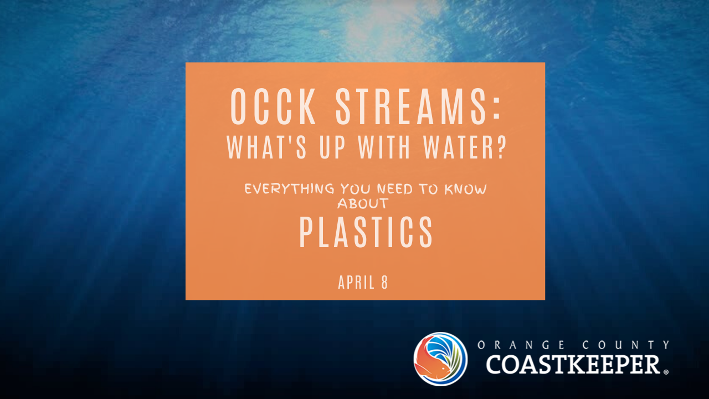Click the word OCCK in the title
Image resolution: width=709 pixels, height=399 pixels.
[x=273, y=106]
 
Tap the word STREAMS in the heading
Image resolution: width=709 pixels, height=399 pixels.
[x=410, y=106]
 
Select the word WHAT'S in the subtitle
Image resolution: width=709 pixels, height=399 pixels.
[x=266, y=147]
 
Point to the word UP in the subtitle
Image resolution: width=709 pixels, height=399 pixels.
[x=332, y=147]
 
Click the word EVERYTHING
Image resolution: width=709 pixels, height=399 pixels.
[x=289, y=189]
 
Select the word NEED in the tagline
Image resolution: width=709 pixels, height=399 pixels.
[x=395, y=189]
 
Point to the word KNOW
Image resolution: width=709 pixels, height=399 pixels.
[x=466, y=189]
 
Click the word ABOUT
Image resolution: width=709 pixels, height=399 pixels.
[x=363, y=203]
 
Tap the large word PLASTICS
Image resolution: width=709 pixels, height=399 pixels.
[x=366, y=232]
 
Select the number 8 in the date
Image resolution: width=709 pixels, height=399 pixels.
[x=384, y=282]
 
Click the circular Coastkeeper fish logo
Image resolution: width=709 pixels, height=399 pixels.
[x=440, y=359]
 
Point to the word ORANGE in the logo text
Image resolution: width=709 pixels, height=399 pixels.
[x=521, y=345]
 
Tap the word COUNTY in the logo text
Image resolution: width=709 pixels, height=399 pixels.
[x=626, y=345]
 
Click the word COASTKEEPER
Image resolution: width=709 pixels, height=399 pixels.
[x=573, y=364]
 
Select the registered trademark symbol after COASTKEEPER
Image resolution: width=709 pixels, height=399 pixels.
[x=666, y=372]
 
